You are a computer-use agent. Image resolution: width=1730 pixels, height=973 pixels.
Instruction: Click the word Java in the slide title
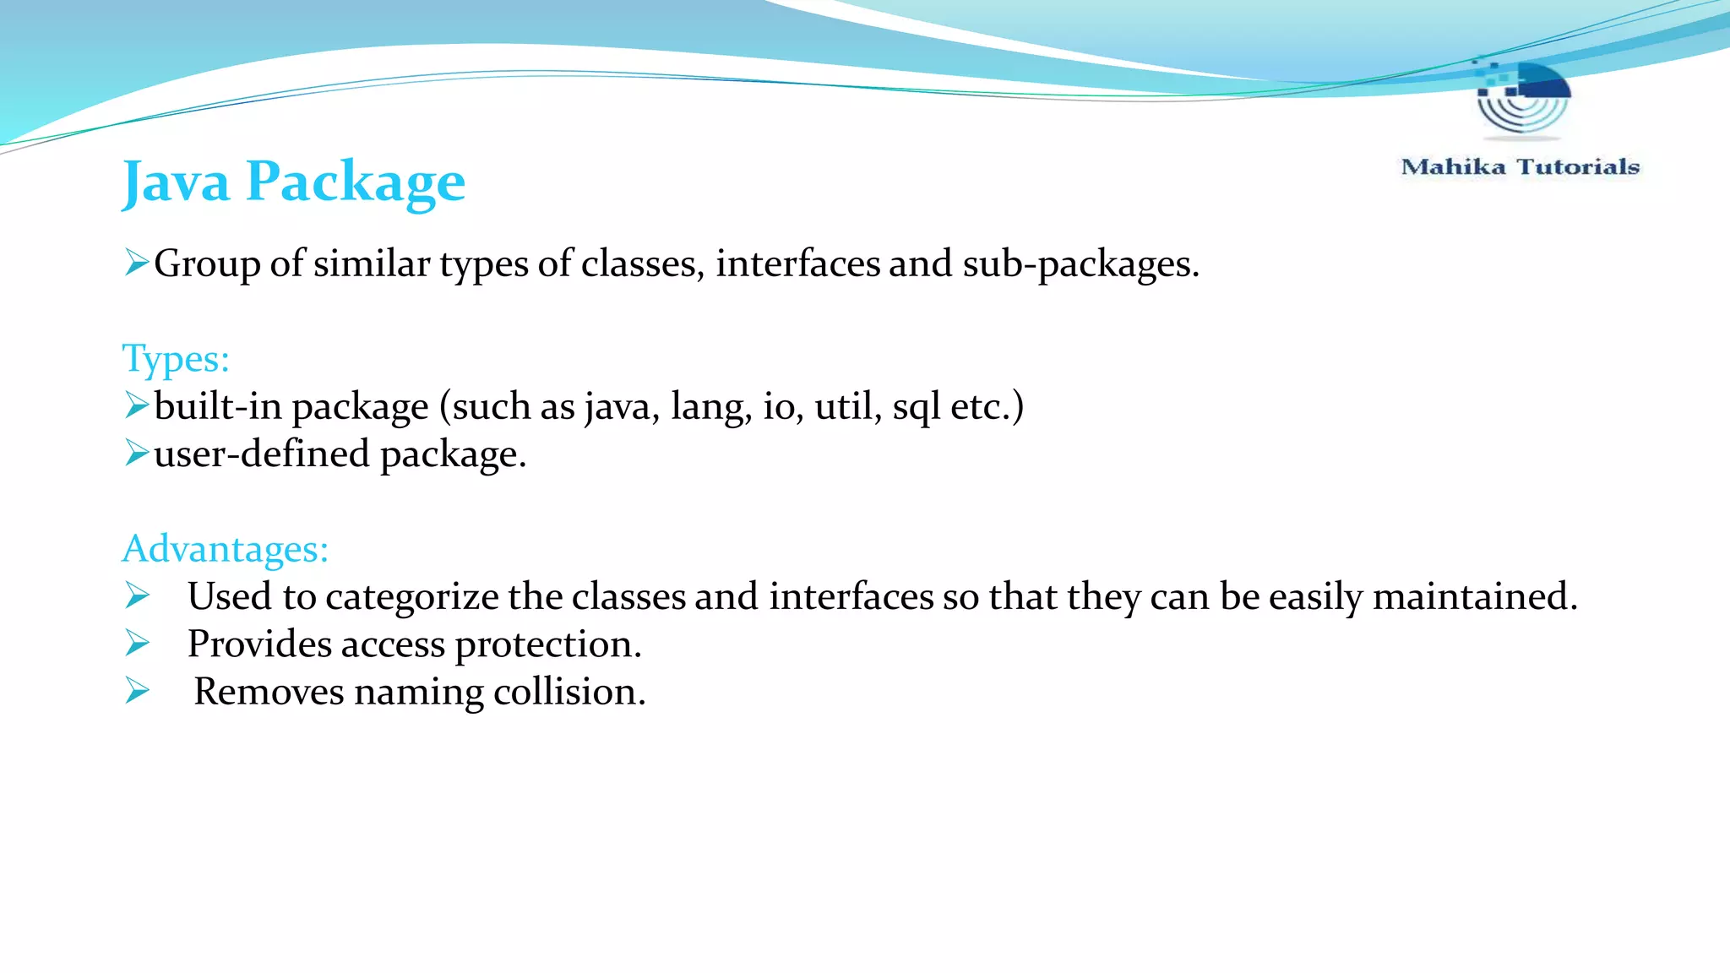(x=176, y=182)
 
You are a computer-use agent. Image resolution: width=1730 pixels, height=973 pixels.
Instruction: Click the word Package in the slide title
(x=355, y=182)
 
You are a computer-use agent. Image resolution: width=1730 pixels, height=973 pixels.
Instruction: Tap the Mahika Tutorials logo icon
(x=1522, y=99)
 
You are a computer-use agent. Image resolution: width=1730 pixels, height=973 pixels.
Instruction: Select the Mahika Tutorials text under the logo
(x=1520, y=166)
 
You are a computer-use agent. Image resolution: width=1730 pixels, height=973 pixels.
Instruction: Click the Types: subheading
(x=176, y=358)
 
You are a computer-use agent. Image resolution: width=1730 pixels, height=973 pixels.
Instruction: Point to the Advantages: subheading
(x=226, y=549)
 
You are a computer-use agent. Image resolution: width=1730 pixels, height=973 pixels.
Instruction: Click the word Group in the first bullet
(x=207, y=264)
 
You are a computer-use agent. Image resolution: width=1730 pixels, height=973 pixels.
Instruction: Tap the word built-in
(x=217, y=406)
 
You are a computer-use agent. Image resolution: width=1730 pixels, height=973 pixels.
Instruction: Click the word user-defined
(x=262, y=454)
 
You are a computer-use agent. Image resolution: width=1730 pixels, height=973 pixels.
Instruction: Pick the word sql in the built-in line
(x=916, y=406)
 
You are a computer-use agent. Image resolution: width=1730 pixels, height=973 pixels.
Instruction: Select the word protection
(x=548, y=644)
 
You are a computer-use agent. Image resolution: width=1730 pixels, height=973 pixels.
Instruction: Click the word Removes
(x=269, y=692)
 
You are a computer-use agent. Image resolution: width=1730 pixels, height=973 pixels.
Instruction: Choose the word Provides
(x=259, y=644)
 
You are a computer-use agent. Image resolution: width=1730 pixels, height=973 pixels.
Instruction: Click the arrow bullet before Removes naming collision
(x=137, y=691)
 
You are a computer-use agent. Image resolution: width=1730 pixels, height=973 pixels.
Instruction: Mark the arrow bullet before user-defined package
(x=137, y=453)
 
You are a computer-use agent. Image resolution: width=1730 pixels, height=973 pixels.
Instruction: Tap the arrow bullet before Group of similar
(x=137, y=263)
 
